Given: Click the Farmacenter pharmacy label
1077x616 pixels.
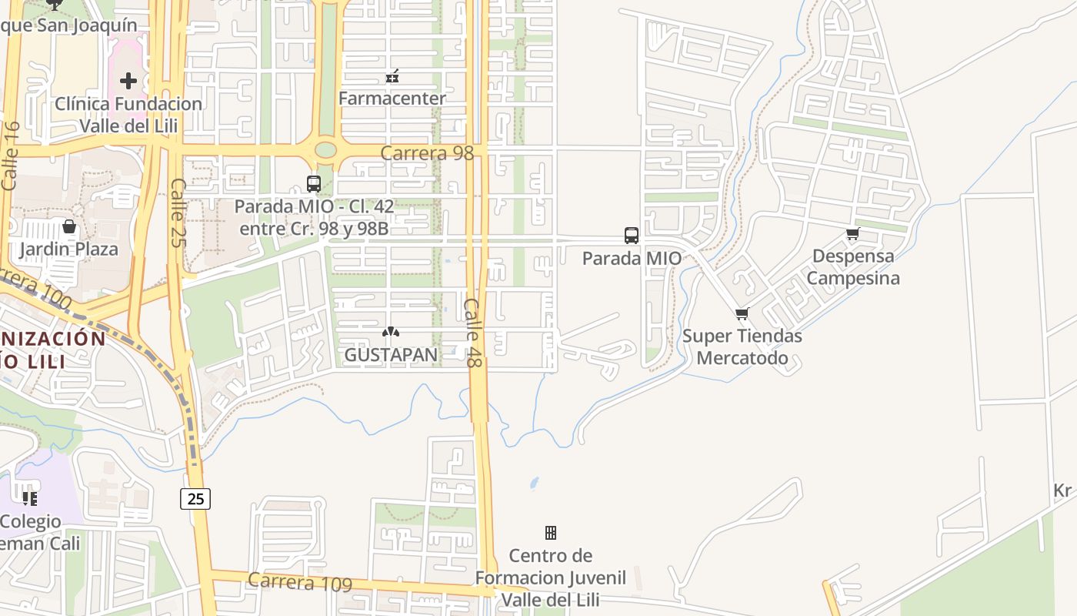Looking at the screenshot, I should (x=392, y=99).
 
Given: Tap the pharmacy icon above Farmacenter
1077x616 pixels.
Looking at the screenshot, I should (x=392, y=76).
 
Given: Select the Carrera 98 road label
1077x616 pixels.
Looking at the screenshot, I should (x=427, y=153).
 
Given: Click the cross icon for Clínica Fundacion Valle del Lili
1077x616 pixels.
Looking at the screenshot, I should (x=128, y=80).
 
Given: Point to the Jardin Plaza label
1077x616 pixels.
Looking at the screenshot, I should (x=69, y=249).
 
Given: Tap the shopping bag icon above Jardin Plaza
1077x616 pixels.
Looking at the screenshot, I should (x=69, y=226).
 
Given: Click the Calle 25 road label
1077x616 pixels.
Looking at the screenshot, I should (x=178, y=213).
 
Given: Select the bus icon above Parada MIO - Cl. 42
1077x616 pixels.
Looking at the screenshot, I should (x=314, y=184).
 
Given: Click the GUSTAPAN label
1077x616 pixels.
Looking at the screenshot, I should (x=391, y=355).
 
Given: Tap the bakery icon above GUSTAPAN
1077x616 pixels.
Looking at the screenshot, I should (x=391, y=333).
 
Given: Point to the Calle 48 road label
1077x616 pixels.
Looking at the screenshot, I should (x=472, y=333).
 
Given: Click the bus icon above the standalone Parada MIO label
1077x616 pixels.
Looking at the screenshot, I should (x=632, y=236).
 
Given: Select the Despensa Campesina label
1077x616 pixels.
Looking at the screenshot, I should (x=853, y=267).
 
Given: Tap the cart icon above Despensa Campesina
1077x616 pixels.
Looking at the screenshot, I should (x=852, y=235).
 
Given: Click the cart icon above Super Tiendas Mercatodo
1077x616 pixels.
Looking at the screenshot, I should (x=742, y=314).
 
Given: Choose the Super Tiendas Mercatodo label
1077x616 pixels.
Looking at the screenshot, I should (x=742, y=347).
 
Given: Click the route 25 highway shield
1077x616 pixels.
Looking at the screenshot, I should (x=195, y=499).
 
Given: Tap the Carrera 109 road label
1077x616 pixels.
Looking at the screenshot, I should (x=300, y=582).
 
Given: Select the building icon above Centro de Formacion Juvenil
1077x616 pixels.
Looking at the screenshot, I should (x=551, y=533).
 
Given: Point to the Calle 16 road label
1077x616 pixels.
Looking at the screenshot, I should (x=11, y=156).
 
